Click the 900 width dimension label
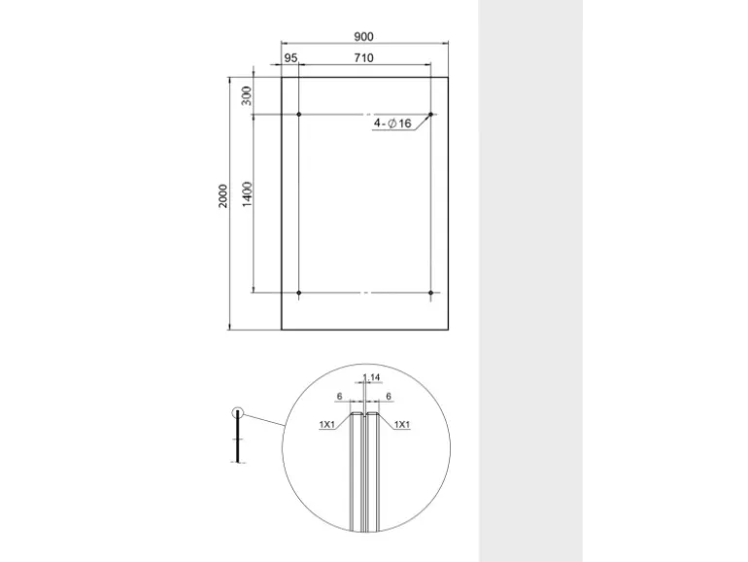click(x=363, y=37)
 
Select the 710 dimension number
click(x=363, y=58)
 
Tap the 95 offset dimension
click(x=291, y=58)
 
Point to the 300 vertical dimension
click(x=247, y=96)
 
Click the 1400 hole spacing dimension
click(x=247, y=193)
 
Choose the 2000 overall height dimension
click(x=223, y=195)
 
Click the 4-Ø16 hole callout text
click(x=392, y=123)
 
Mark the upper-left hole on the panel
click(x=299, y=115)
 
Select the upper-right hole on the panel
click(x=430, y=115)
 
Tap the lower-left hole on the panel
click(x=299, y=293)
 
